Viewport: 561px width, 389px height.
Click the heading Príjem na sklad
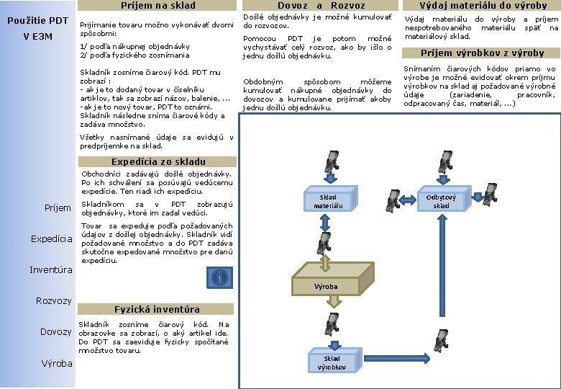158,6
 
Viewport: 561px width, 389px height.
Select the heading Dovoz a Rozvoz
321,6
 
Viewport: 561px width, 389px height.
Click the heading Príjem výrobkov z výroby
482,53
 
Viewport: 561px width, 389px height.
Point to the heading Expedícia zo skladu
158,162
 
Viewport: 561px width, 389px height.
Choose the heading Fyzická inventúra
158,309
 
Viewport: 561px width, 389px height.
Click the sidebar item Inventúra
50,270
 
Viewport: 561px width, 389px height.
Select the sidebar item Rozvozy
54,300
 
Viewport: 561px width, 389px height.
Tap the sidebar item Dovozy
55,331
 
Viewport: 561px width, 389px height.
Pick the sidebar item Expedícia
51,238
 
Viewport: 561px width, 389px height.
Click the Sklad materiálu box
327,201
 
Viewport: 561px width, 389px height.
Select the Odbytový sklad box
441,201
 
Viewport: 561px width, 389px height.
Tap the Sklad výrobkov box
332,362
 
